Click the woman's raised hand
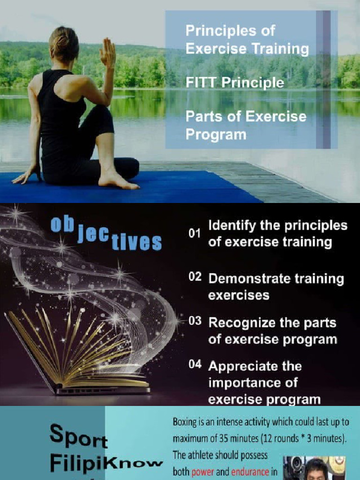click(x=108, y=52)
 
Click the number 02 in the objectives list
click(x=195, y=277)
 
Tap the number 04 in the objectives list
click(x=195, y=365)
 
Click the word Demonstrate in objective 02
click(x=249, y=279)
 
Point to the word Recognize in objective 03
click(x=239, y=323)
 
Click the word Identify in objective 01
click(x=228, y=226)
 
